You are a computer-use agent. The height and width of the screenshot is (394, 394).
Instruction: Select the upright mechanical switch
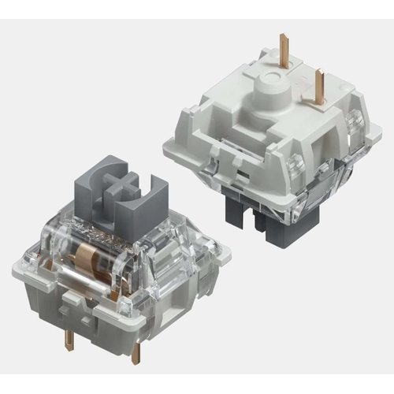point(106,260)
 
